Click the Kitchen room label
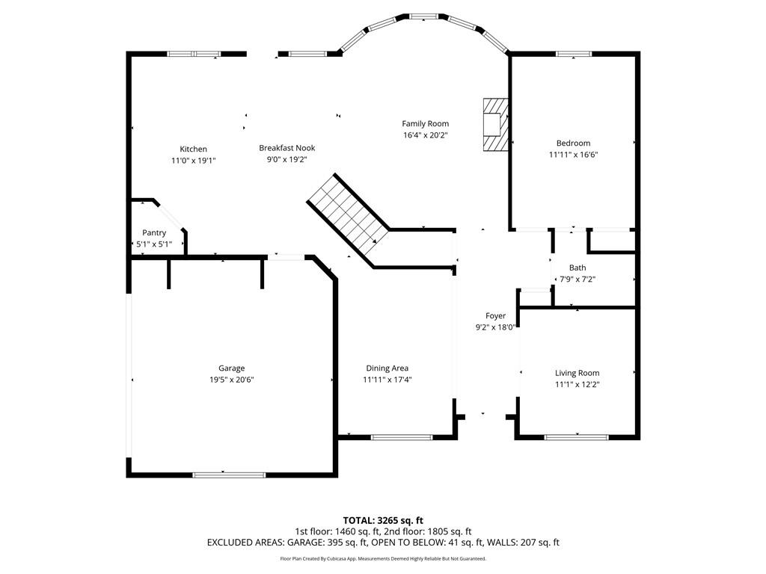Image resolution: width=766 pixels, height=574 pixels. [193, 149]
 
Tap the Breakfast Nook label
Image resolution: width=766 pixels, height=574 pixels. [283, 148]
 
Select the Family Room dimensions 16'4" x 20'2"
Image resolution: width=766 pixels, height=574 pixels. [425, 135]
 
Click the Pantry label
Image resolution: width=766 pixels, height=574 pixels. [154, 233]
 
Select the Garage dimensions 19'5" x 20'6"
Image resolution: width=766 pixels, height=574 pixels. [231, 380]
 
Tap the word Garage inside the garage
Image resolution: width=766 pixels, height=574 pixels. [231, 368]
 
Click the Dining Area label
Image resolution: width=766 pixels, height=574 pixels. [387, 368]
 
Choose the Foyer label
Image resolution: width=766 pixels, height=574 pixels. [495, 316]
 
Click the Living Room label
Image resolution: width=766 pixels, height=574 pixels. [577, 373]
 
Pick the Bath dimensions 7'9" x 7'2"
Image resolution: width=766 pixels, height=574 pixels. [577, 279]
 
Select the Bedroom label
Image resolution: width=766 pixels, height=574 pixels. [573, 143]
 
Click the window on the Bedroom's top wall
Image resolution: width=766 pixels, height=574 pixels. [574, 54]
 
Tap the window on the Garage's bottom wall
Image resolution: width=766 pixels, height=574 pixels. [229, 474]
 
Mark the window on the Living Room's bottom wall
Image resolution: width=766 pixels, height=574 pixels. [576, 436]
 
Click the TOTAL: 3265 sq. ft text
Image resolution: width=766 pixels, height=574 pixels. [383, 520]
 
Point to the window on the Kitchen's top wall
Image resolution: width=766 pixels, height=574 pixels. [194, 54]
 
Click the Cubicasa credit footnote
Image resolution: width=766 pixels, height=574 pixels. [383, 558]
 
